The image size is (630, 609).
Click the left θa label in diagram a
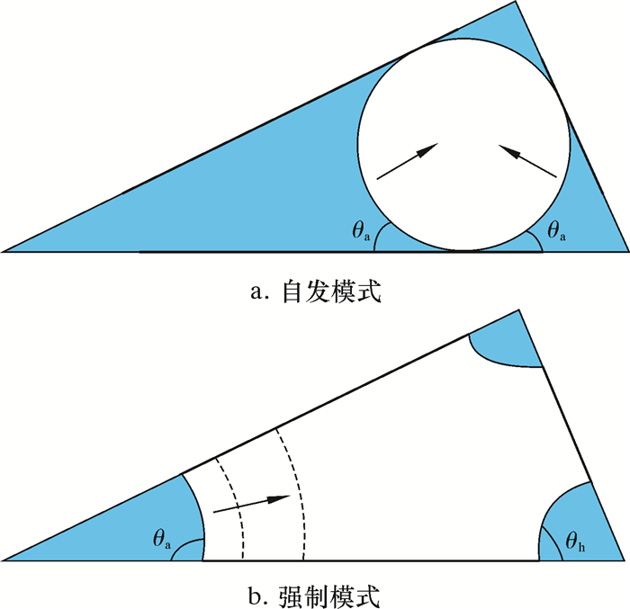[360, 231]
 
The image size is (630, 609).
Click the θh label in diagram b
[576, 541]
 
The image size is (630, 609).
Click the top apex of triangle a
[517, 3]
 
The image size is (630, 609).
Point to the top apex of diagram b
[518, 311]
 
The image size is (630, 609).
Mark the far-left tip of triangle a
[4, 251]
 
